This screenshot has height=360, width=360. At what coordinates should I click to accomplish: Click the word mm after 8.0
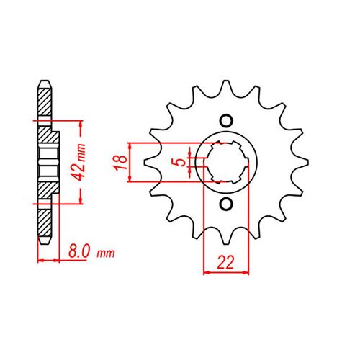[x=106, y=253]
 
